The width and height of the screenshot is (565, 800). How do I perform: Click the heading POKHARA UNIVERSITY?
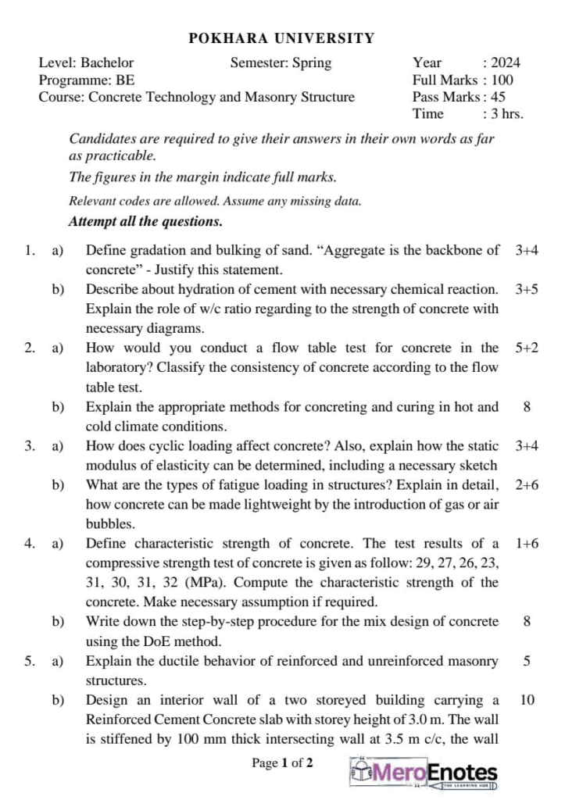[282, 37]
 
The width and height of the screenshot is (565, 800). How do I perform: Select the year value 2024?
[506, 63]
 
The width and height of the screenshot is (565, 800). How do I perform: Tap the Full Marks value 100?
[502, 80]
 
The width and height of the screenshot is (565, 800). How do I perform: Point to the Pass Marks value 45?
[499, 98]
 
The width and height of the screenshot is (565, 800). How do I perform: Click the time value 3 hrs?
[507, 114]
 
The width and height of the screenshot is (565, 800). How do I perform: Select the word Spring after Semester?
[311, 63]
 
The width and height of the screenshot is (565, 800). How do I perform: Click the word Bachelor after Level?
[107, 63]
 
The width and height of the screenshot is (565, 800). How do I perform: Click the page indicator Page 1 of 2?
[282, 763]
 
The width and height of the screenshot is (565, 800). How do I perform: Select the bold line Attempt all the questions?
[146, 221]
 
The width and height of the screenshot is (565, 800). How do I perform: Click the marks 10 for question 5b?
[527, 700]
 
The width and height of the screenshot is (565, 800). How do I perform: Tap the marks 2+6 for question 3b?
[527, 485]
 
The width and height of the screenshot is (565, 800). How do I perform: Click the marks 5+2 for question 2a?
[527, 348]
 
